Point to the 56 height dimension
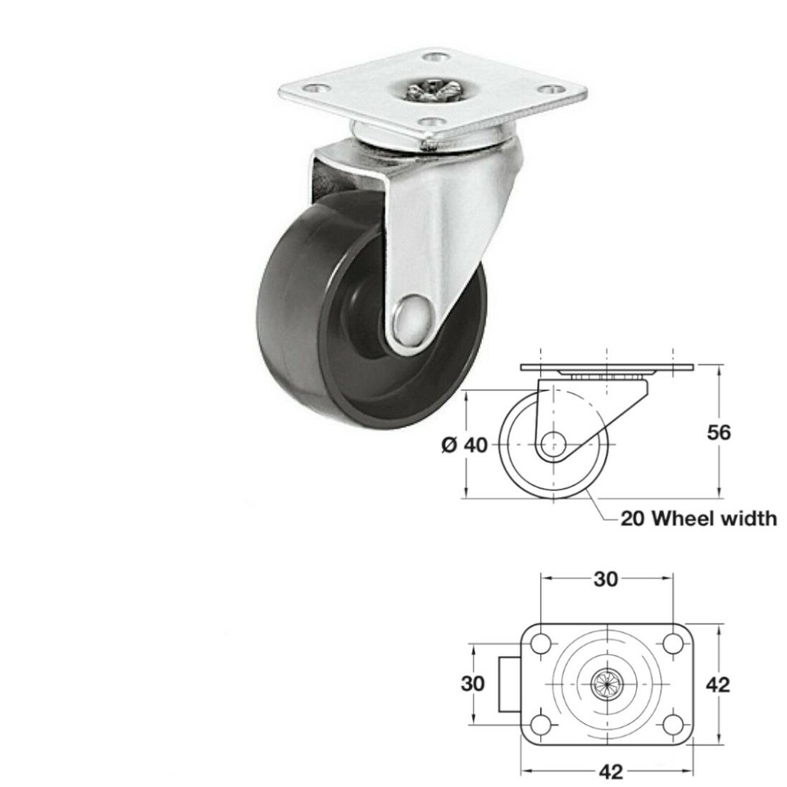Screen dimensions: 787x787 [x=719, y=432]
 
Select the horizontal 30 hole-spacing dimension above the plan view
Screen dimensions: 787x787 [x=605, y=579]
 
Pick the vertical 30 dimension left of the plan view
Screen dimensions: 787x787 [x=473, y=683]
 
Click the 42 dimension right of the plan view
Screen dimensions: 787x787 [x=719, y=683]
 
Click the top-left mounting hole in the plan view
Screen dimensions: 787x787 [x=540, y=644]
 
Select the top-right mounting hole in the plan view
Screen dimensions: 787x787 [x=672, y=644]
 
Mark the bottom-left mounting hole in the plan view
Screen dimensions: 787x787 [x=540, y=724]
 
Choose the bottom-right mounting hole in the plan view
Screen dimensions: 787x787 [x=672, y=724]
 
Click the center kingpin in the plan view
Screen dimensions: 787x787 [x=607, y=683]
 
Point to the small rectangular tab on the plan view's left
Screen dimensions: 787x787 [x=511, y=684]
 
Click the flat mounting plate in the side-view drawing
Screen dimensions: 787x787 [x=607, y=366]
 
